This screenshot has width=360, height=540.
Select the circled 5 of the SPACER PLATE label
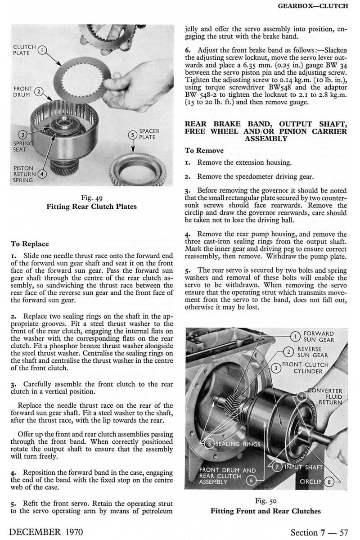[x=132, y=135]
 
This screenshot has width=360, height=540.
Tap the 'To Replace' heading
[x=30, y=244]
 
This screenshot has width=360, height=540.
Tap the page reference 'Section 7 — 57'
[x=319, y=532]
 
